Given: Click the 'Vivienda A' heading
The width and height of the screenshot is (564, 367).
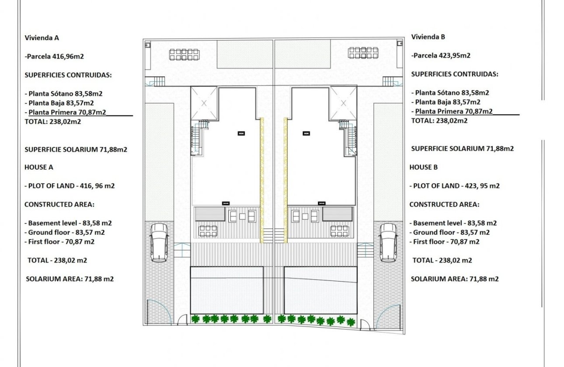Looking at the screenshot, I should click(x=42, y=38).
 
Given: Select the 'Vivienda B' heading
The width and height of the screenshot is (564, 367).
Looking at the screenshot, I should click(x=428, y=37).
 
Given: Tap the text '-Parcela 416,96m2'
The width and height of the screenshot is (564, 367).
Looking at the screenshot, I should click(x=53, y=56).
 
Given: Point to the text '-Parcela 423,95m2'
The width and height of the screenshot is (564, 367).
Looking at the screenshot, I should click(x=441, y=55).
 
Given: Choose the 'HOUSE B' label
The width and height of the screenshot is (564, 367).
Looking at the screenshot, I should click(x=423, y=167).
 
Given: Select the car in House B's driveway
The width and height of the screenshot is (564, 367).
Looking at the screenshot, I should click(x=388, y=242).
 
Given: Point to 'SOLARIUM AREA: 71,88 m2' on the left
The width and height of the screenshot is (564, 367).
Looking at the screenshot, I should click(x=70, y=279).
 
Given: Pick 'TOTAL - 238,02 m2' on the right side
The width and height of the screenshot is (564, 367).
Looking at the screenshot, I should click(x=442, y=260).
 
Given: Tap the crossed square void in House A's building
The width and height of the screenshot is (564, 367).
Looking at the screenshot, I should click(x=204, y=103).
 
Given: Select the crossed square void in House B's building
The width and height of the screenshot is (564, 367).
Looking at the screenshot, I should click(x=343, y=103).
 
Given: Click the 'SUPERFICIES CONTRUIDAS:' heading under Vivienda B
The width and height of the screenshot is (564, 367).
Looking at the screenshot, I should click(x=455, y=74).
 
